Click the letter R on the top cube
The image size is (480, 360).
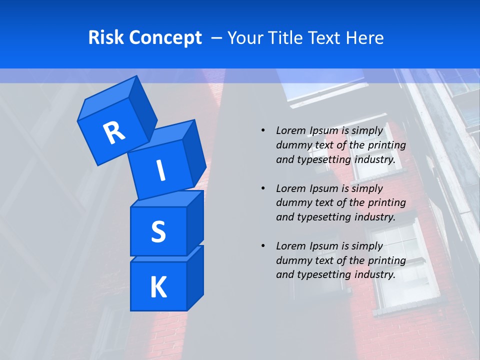pyautogui.click(x=114, y=132)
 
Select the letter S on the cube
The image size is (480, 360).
pyautogui.click(x=158, y=231)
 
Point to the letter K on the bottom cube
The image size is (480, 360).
pyautogui.click(x=158, y=287)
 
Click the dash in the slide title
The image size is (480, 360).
pyautogui.click(x=217, y=38)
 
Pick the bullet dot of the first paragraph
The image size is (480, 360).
pyautogui.click(x=263, y=130)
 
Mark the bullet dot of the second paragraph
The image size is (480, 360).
pyautogui.click(x=263, y=188)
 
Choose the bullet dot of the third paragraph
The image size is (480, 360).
pyautogui.click(x=263, y=246)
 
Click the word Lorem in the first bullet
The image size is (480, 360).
pyautogui.click(x=290, y=130)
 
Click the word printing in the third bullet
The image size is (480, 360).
pyautogui.click(x=387, y=260)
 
